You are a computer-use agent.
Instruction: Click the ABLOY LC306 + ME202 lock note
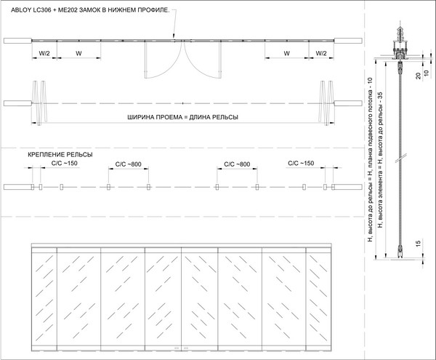point(90,10)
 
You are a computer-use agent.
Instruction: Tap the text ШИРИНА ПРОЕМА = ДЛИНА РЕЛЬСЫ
point(182,117)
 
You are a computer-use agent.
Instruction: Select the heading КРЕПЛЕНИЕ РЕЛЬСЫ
point(60,155)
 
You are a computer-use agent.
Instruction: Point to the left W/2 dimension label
point(44,53)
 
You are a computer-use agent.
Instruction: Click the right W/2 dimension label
point(321,53)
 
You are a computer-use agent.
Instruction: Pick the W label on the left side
point(78,53)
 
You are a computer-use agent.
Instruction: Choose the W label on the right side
point(287,53)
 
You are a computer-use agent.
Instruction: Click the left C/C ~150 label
point(64,164)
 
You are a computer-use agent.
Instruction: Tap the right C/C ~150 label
point(301,164)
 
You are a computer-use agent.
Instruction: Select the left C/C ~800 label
point(129,164)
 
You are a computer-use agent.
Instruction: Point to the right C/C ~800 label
point(237,164)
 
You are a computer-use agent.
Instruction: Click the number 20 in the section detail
point(419,76)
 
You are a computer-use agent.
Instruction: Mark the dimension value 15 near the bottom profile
point(419,244)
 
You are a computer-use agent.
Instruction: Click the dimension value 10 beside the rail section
point(427,73)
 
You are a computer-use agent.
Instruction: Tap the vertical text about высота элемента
point(381,160)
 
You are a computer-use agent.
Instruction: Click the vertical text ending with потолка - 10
point(370,159)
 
